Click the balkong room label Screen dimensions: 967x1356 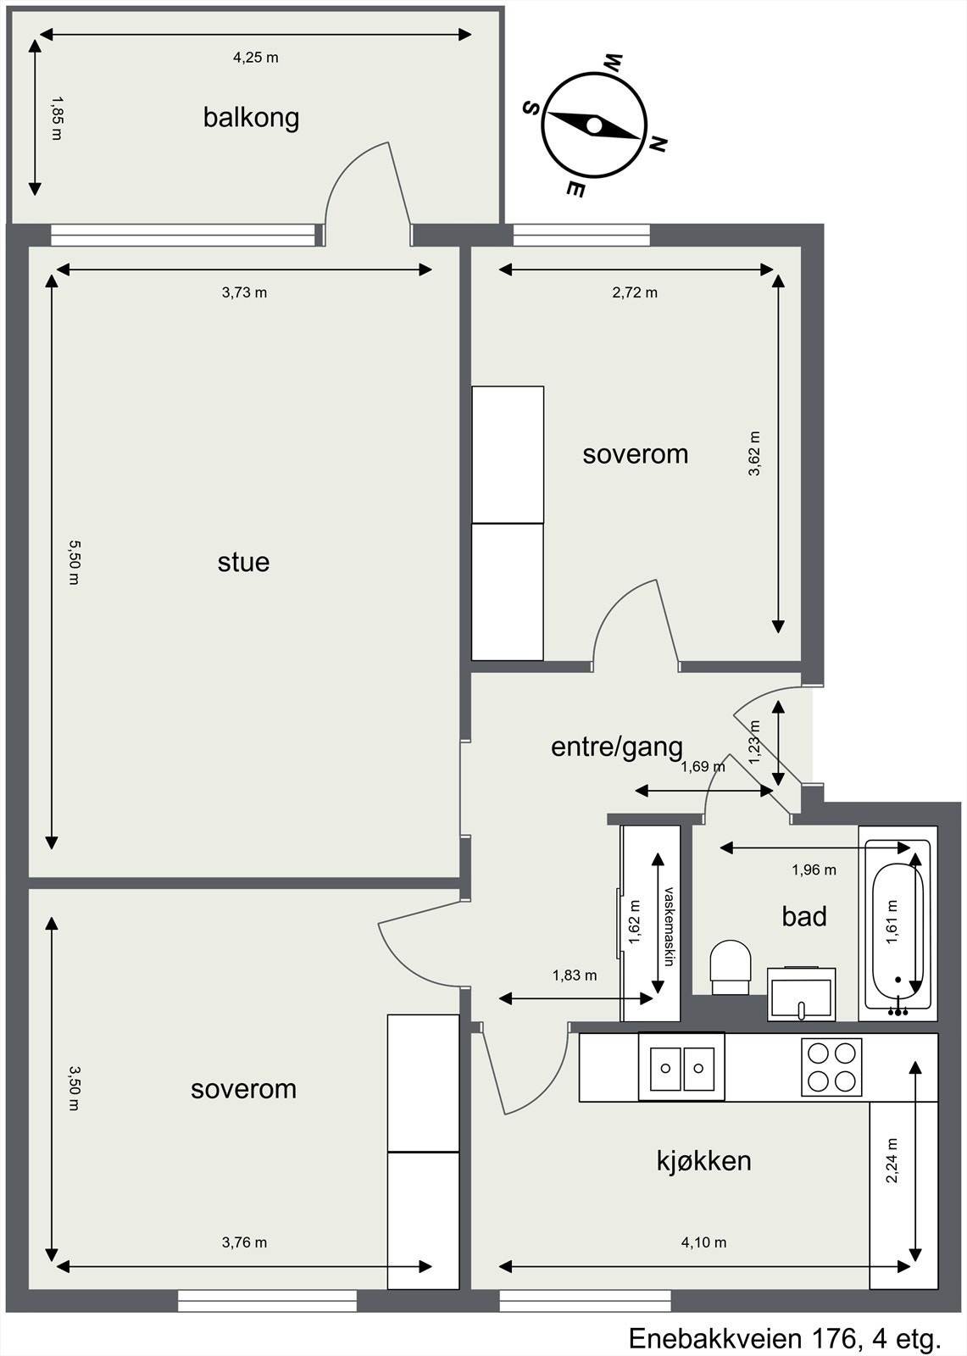[x=252, y=118]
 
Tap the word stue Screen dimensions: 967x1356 [x=243, y=562]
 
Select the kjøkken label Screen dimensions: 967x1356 [x=704, y=1160]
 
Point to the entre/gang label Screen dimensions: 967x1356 [x=616, y=747]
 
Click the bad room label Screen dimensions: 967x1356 [x=804, y=916]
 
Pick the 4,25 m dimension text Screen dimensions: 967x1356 [x=256, y=58]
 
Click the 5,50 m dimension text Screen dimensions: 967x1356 [x=73, y=563]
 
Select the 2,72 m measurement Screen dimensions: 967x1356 [x=635, y=292]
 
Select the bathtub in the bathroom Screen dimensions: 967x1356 [x=898, y=925]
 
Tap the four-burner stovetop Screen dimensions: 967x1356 [x=831, y=1067]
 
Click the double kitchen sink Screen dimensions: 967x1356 [x=681, y=1066]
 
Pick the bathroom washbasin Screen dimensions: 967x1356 [x=803, y=993]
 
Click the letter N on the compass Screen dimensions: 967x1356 [x=658, y=144]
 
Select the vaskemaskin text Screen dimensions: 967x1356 [x=669, y=927]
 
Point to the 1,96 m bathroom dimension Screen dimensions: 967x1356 [x=814, y=870]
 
